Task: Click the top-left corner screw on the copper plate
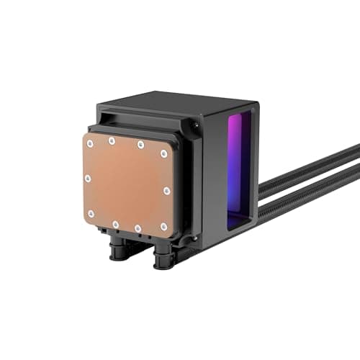(89, 143)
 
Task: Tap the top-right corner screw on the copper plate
(164, 153)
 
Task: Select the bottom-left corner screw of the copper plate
(91, 214)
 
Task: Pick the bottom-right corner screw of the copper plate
(163, 227)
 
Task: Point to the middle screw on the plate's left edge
(87, 178)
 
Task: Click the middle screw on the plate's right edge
(166, 191)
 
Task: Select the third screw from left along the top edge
(140, 145)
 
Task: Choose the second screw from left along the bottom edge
(115, 224)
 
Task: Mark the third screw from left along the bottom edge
(138, 228)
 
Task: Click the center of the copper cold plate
(127, 184)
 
